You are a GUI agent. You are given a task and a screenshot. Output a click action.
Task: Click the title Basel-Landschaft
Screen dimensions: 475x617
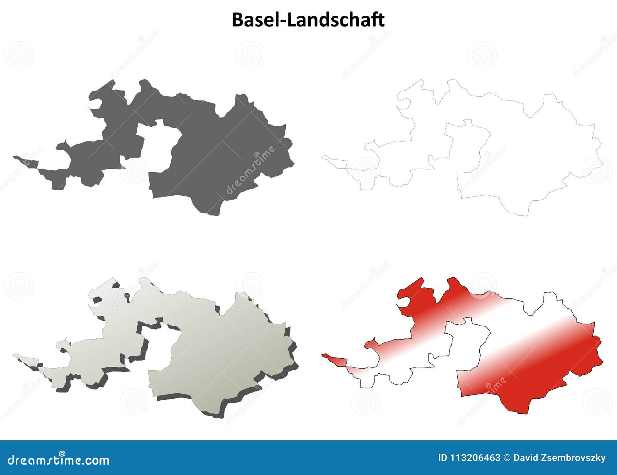[x=308, y=20]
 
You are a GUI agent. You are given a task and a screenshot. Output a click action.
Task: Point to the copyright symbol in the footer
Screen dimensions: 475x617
[x=507, y=458]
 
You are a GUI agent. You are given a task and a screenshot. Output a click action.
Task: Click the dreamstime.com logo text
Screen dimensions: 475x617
[x=59, y=460]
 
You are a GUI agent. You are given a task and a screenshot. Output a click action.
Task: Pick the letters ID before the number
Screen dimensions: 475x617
[x=443, y=458]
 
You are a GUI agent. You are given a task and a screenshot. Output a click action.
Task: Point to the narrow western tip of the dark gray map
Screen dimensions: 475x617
[x=16, y=157]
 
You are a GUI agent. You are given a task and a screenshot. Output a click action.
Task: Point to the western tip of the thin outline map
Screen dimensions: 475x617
[x=324, y=156]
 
